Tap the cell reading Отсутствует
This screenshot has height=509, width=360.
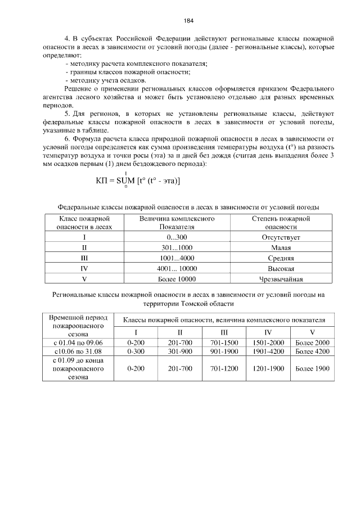(x=281, y=238)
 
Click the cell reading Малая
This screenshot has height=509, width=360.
(x=281, y=248)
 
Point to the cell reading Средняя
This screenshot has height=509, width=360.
(x=281, y=258)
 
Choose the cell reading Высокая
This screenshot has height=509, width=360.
(x=281, y=268)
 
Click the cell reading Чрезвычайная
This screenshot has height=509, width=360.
(x=281, y=279)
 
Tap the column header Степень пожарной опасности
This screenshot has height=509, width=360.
(x=281, y=223)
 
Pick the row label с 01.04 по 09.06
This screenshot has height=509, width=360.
(x=79, y=343)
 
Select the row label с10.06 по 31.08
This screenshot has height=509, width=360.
(x=79, y=352)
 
